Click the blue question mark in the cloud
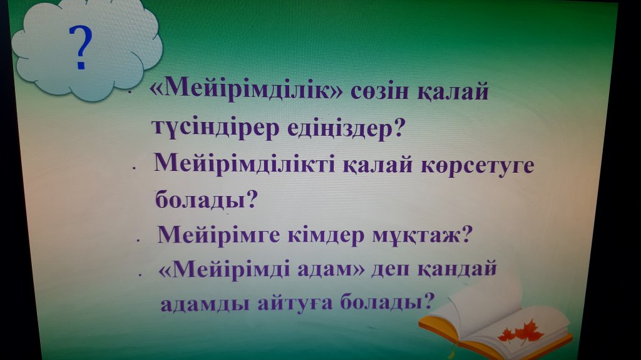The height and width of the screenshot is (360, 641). pos(81,47)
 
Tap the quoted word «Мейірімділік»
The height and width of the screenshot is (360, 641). pos(247,89)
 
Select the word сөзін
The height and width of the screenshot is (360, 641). pos(379,91)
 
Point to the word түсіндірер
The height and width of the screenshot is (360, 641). pos(216,128)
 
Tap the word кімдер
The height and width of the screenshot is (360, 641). pos(326,236)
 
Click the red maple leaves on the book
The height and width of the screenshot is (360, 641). pos(520,332)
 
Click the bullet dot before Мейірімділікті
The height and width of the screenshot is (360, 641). pos(133,167)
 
